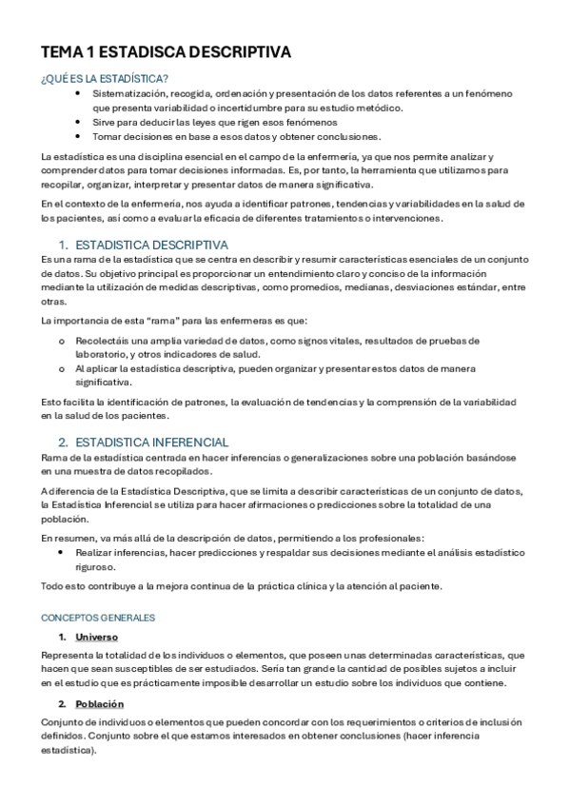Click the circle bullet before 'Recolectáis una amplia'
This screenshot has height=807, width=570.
(63, 340)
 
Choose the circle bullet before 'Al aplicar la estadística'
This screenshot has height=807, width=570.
(63, 368)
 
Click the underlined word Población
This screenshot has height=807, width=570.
(101, 703)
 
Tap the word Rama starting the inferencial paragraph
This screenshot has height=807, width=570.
(53, 458)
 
